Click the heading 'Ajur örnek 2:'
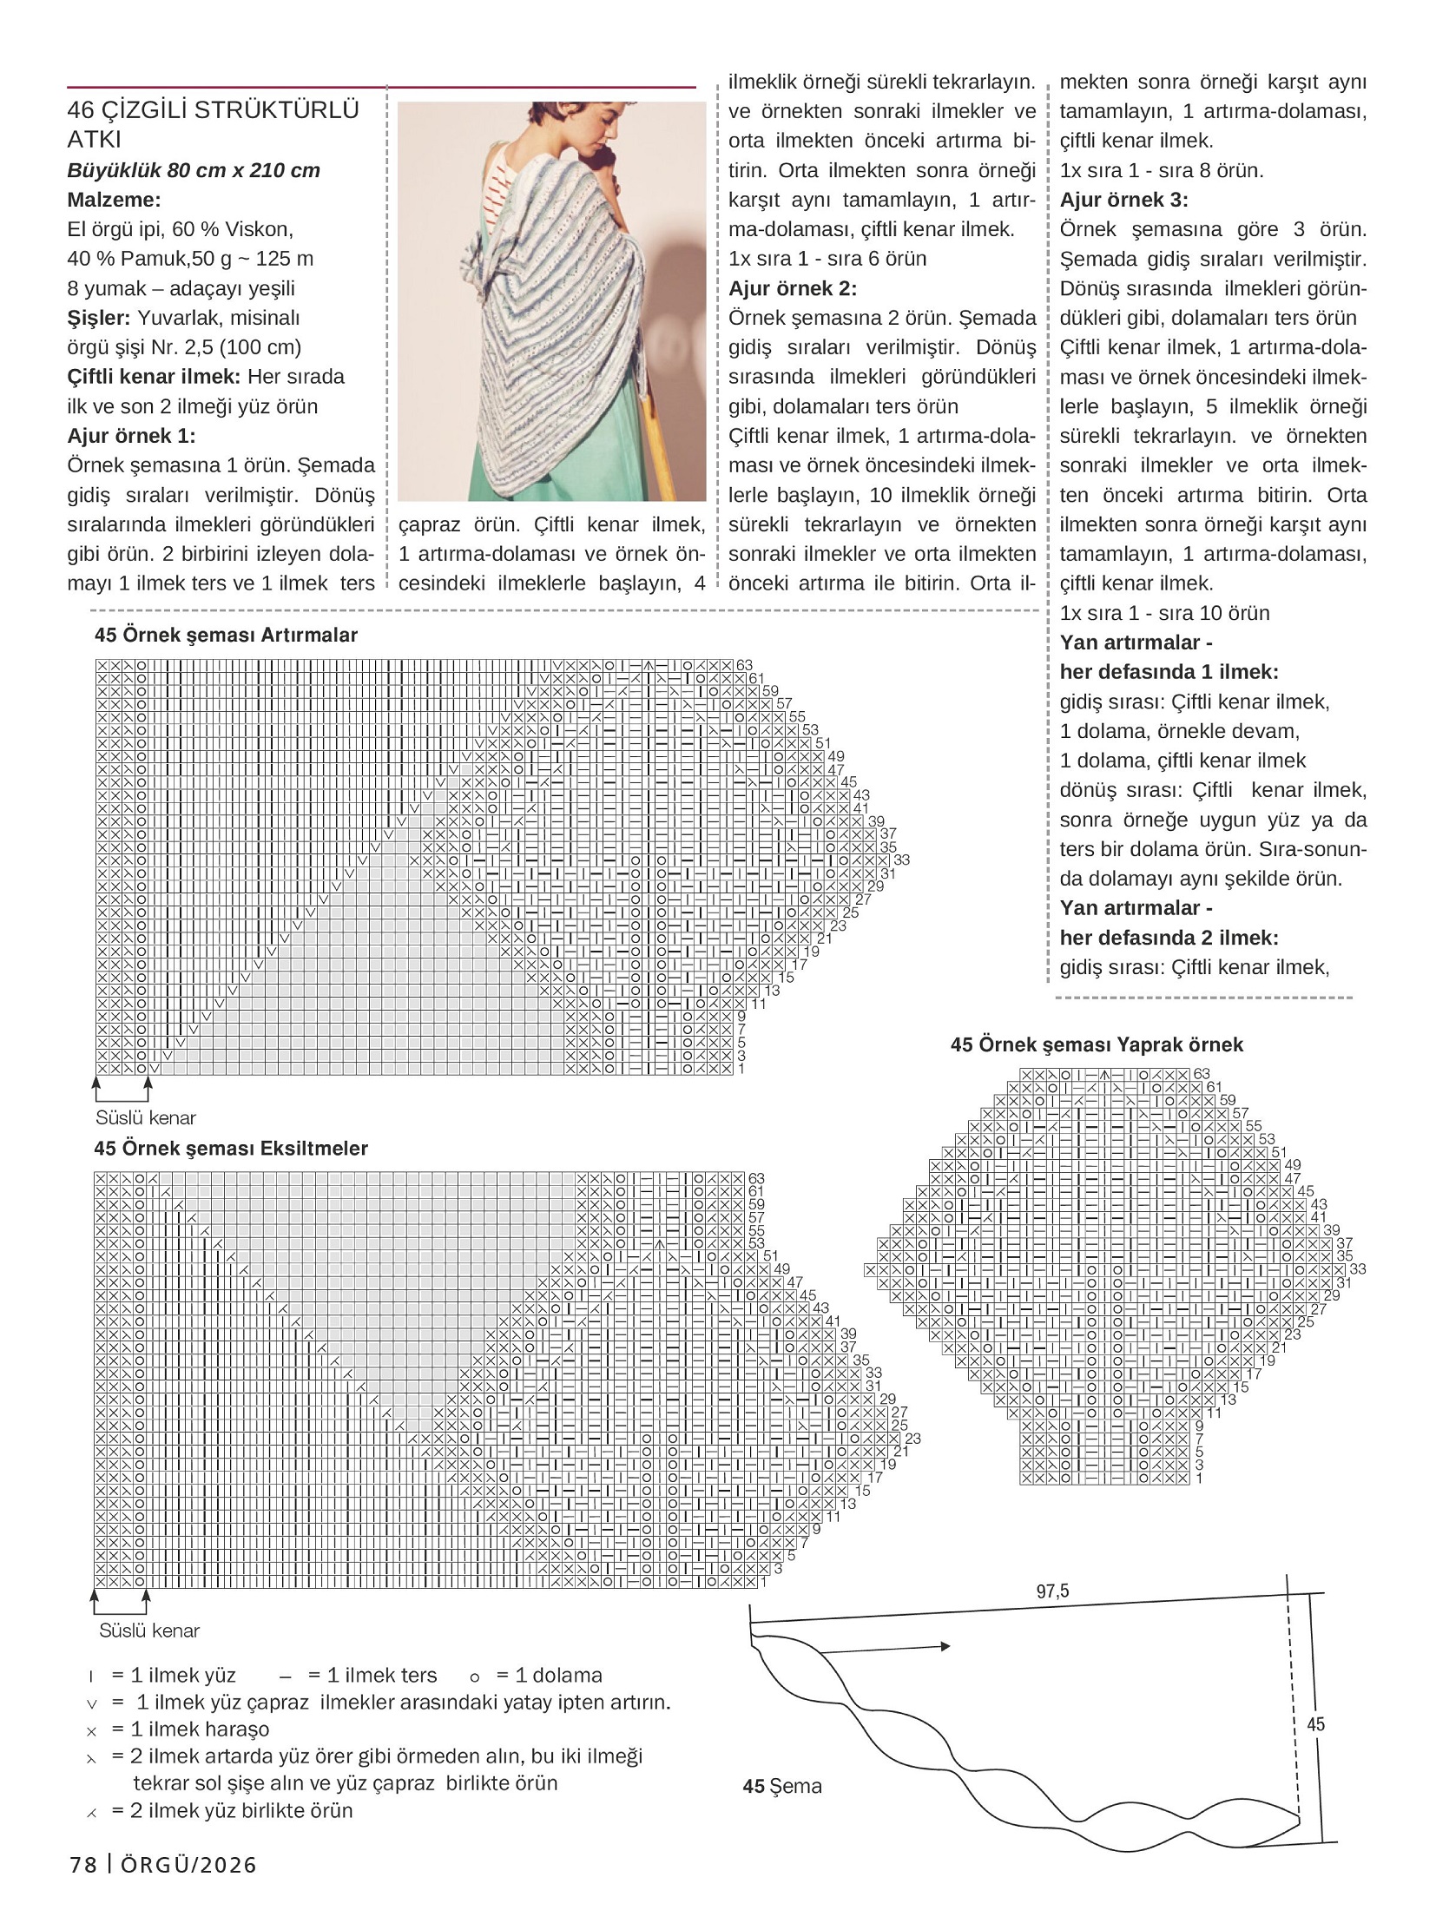tap(792, 288)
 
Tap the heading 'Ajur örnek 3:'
tap(1123, 200)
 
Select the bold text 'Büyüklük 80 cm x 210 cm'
tap(194, 170)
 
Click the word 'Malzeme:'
tap(114, 200)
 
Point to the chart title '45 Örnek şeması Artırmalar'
tap(226, 635)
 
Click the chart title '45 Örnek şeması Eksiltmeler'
tap(231, 1148)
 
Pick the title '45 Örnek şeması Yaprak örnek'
tap(1097, 1044)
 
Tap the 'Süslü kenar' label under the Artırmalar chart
tap(146, 1117)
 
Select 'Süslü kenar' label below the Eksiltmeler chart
tap(149, 1630)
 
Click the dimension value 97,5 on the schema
tap(1052, 1591)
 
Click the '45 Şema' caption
tap(781, 1786)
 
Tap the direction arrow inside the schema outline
tap(886, 1647)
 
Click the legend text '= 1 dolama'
tap(549, 1675)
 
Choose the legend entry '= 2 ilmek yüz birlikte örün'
tap(232, 1810)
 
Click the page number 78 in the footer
tap(83, 1865)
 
